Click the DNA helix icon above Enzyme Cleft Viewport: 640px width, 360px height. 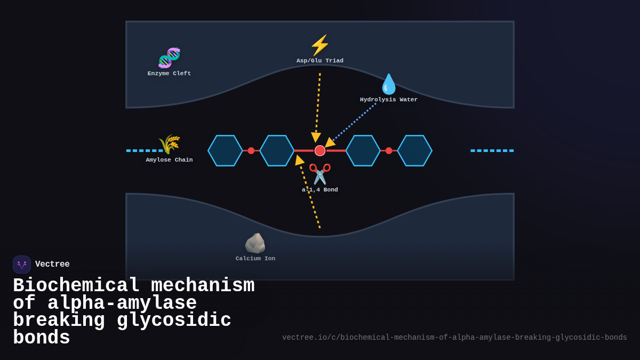pos(169,58)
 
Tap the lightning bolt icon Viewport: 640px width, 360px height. pos(320,45)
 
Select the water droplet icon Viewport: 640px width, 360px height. pos(389,84)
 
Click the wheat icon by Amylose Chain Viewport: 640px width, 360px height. pos(169,144)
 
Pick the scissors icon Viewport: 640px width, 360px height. pos(320,174)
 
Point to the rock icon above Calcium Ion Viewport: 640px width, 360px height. pos(255,243)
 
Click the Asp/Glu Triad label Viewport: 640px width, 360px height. pos(320,61)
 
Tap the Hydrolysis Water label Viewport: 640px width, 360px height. pos(389,100)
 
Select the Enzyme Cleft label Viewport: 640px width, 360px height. pos(169,74)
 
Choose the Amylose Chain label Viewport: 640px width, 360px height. pos(169,160)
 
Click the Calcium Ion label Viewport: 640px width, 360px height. pos(255,259)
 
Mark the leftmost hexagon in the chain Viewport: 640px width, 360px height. pos(225,151)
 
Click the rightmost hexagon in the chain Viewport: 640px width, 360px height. pos(414,151)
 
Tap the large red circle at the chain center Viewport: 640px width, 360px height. pos(320,151)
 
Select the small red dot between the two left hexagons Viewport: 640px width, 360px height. pos(251,151)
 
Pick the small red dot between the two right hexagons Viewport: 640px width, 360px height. pos(389,151)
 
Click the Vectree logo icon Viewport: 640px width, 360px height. pos(22,265)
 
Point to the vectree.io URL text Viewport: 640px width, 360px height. pos(454,338)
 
